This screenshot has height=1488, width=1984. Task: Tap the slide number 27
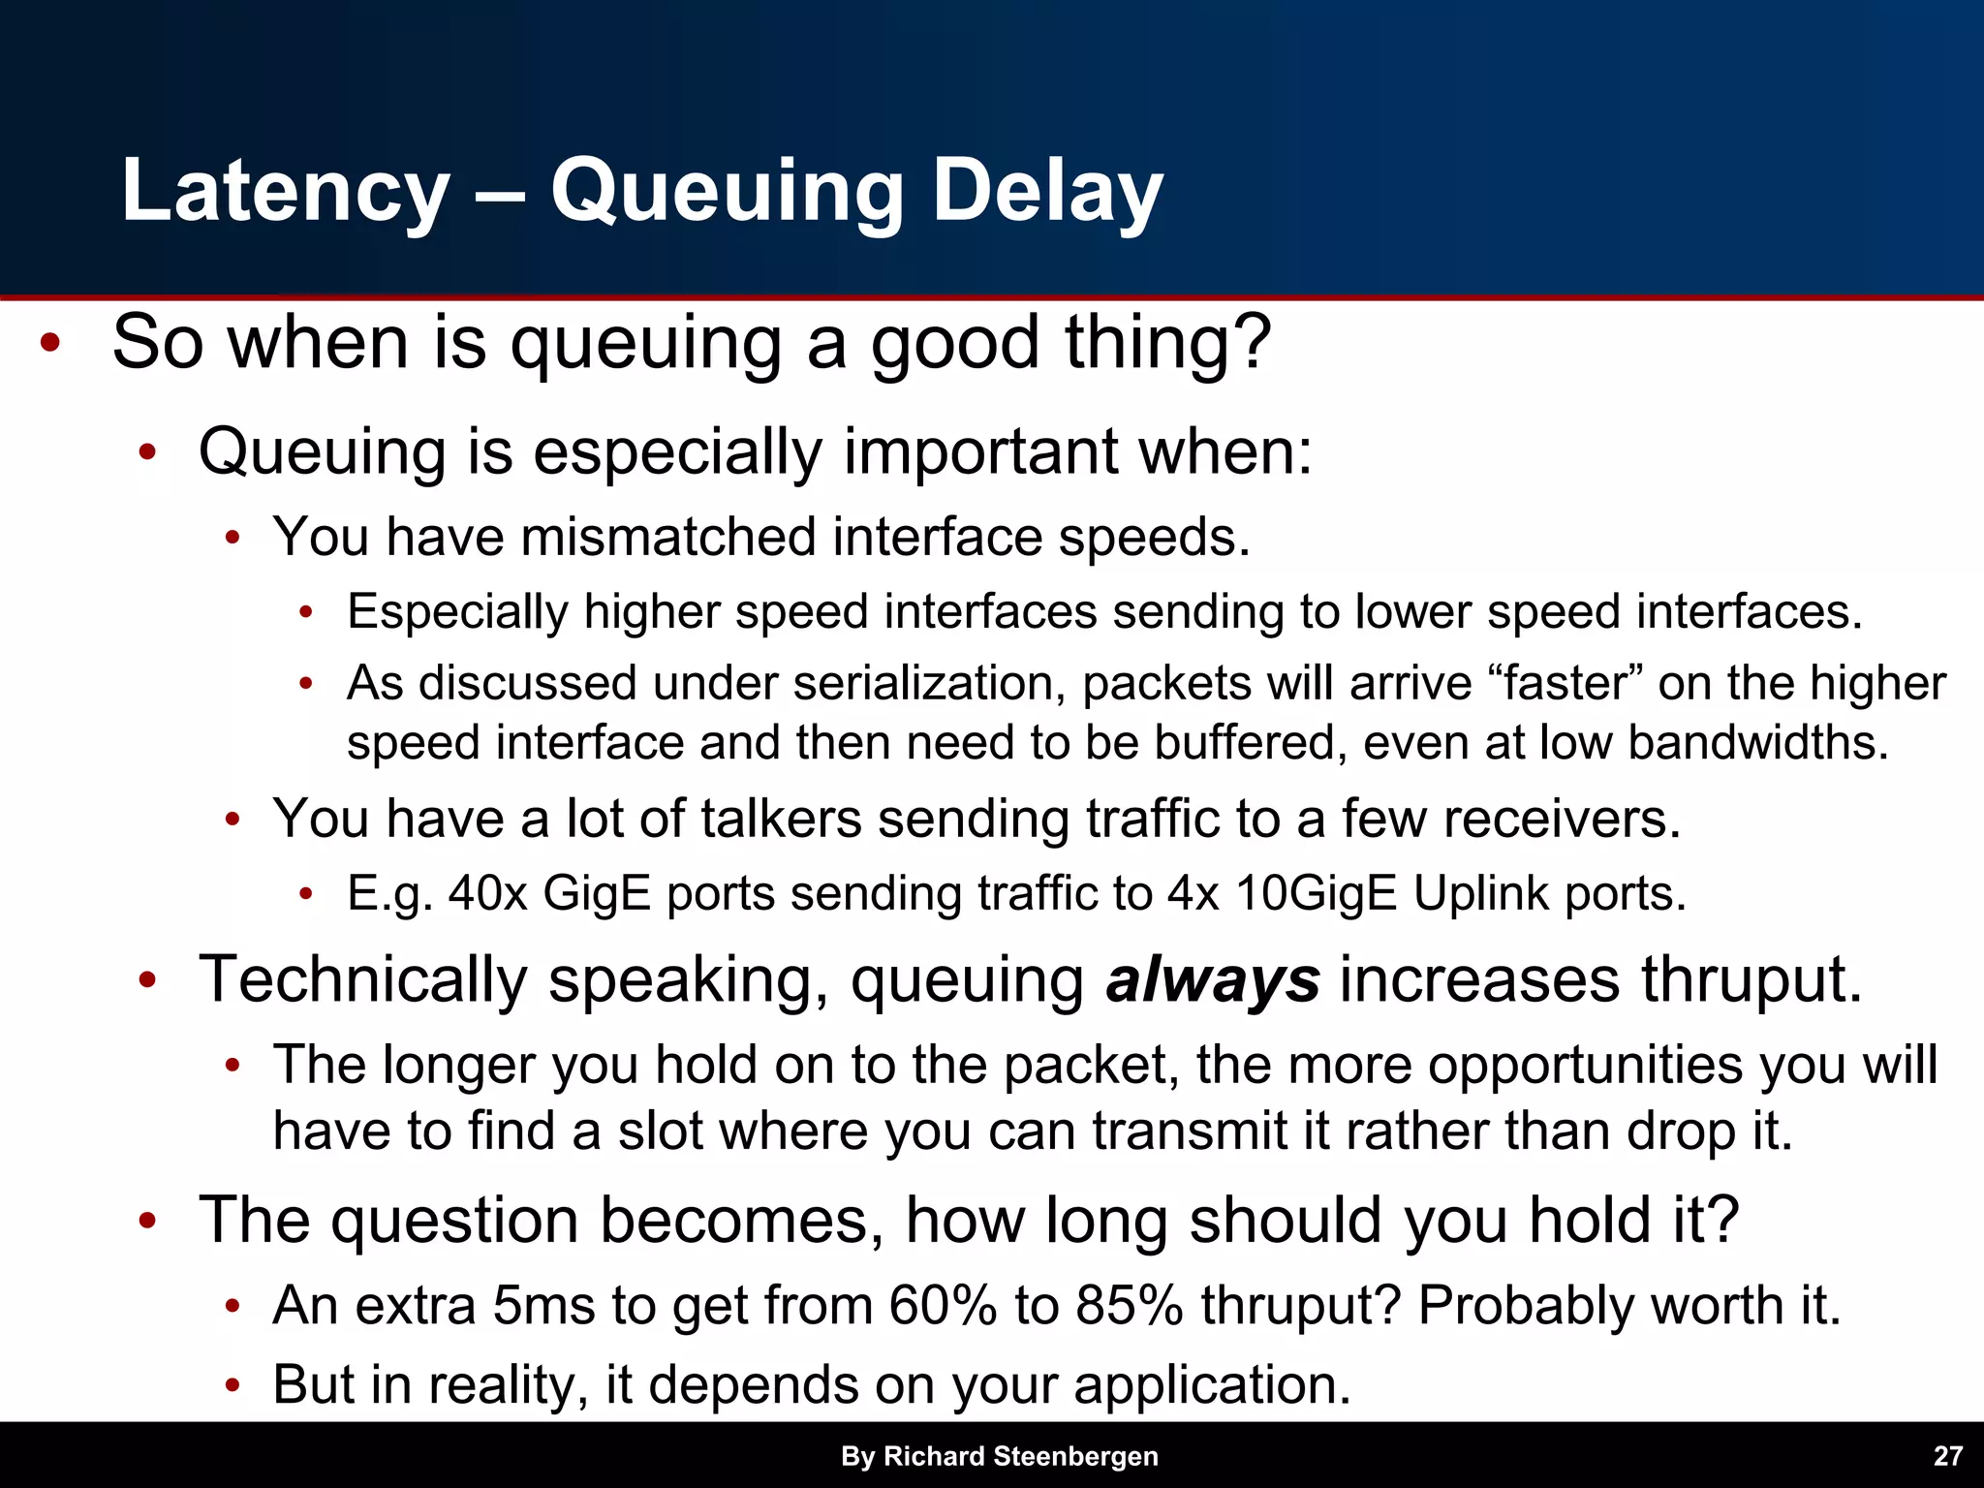(x=1947, y=1456)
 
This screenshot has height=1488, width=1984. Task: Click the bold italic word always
(x=1212, y=980)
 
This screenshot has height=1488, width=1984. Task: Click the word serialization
(x=929, y=683)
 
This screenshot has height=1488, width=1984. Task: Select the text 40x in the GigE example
(x=487, y=893)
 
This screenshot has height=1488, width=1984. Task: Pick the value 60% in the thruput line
(x=943, y=1306)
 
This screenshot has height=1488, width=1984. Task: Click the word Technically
(x=362, y=980)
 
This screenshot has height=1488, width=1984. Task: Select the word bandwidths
(x=1757, y=743)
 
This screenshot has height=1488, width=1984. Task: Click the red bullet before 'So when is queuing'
(x=50, y=344)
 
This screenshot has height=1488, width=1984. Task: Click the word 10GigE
(x=1317, y=893)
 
